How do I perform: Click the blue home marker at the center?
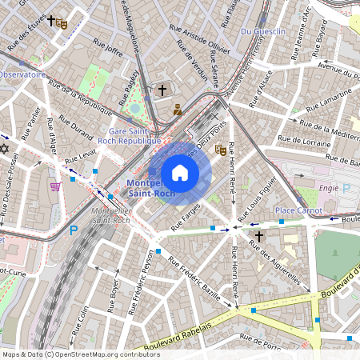tap(180, 173)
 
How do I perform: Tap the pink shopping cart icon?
tap(55, 186)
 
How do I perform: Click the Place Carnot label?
tap(298, 210)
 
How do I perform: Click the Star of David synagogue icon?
tap(4, 149)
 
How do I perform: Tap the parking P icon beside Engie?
tap(346, 189)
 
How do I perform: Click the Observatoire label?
tap(22, 74)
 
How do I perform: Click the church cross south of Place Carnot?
tap(258, 237)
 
